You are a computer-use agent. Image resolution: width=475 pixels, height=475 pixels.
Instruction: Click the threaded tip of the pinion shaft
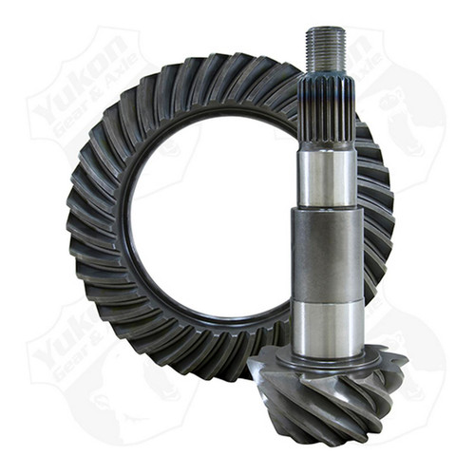(x=324, y=47)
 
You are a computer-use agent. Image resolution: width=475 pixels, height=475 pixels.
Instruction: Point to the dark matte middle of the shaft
(x=325, y=252)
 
